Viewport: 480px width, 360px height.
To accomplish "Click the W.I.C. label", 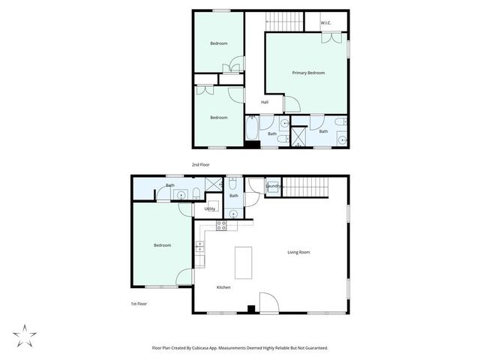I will pos(325,22).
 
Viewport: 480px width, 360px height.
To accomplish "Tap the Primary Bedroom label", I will pos(308,73).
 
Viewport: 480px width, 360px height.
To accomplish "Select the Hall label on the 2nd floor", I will pos(265,102).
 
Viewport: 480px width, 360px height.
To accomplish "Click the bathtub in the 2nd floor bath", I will pos(252,130).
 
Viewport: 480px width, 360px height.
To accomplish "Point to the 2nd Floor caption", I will pos(200,164).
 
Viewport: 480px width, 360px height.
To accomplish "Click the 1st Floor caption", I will pos(138,304).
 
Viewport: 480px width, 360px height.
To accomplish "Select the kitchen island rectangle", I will pos(244,264).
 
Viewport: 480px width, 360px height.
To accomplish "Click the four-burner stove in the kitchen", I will pos(222,224).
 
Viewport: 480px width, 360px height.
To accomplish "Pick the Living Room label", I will pos(298,252).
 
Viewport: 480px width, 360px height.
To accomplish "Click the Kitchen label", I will pos(223,287).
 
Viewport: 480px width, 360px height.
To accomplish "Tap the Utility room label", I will pos(210,208).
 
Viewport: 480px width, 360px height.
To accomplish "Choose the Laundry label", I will pos(273,186).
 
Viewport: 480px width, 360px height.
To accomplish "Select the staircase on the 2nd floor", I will pos(283,21).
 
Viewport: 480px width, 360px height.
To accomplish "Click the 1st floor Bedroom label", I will pos(163,245).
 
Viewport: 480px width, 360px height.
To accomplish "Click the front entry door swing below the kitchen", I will pos(267,301).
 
